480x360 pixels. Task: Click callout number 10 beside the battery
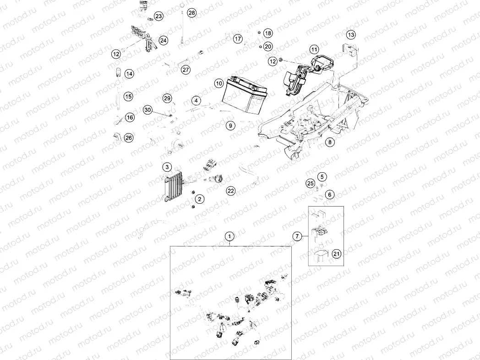(219, 83)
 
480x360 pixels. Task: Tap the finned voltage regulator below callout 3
(174, 187)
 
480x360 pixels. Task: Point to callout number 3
(168, 167)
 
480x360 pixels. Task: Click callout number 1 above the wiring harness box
(229, 236)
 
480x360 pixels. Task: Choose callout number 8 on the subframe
(330, 142)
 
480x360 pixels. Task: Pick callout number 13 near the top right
(350, 35)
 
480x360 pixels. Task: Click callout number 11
(314, 49)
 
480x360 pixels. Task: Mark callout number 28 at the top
(191, 13)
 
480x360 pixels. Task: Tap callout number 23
(158, 16)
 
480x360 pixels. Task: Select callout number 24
(164, 40)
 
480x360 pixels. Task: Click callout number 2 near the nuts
(200, 199)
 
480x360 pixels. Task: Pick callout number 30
(147, 110)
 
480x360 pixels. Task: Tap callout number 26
(129, 137)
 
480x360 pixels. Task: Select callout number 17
(237, 39)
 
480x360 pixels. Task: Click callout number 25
(310, 184)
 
